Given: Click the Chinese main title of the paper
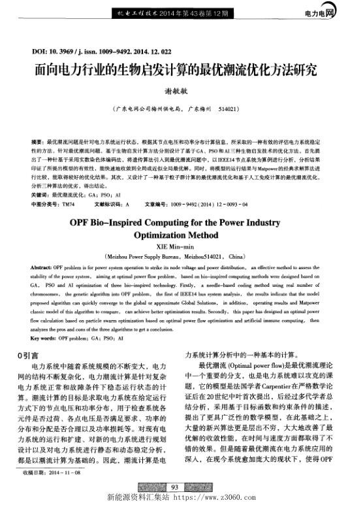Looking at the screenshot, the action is click(x=181, y=70).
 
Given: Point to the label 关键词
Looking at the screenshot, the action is click(x=40, y=194).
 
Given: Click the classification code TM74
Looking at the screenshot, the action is click(x=68, y=205).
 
